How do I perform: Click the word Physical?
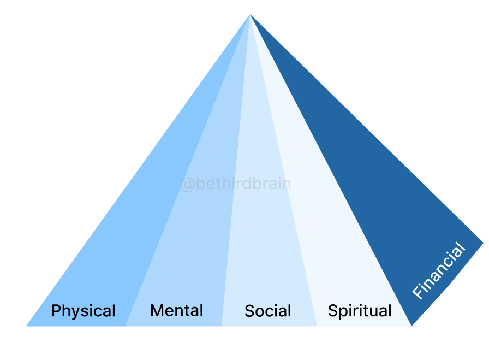pyautogui.click(x=83, y=311)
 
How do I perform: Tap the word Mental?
pyautogui.click(x=176, y=311)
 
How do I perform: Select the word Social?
pyautogui.click(x=267, y=311)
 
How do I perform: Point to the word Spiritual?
pyautogui.click(x=360, y=311)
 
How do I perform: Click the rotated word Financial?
pyautogui.click(x=439, y=271)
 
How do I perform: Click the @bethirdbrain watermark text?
pyautogui.click(x=235, y=184)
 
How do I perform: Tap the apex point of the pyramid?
pyautogui.click(x=250, y=14)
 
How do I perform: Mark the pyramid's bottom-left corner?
pyautogui.click(x=26, y=326)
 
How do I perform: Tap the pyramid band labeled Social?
pyautogui.click(x=262, y=246)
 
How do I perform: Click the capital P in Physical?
pyautogui.click(x=56, y=311)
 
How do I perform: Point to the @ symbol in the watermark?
pyautogui.click(x=187, y=185)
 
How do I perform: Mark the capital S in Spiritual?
pyautogui.click(x=332, y=311)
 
